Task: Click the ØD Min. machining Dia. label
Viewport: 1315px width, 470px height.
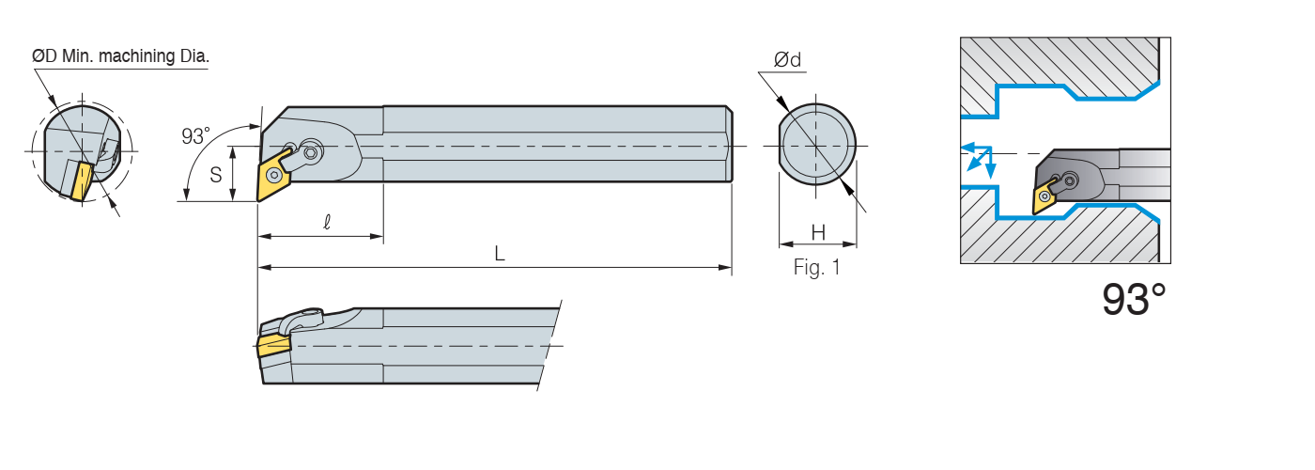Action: [x=120, y=56]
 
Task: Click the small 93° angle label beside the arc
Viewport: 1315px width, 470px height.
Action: [x=195, y=136]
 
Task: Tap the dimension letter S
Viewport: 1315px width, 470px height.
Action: [x=216, y=174]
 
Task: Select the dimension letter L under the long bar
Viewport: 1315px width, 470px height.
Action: [x=500, y=254]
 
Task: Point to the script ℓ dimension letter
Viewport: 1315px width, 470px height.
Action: [x=326, y=223]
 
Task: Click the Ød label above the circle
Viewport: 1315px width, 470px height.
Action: [x=787, y=60]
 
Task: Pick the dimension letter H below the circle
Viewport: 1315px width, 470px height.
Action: [x=817, y=232]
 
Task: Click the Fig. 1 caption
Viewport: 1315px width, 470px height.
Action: [x=816, y=268]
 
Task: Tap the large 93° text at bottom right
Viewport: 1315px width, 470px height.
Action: [x=1134, y=300]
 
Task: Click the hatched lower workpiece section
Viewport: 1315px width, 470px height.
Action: [x=1061, y=240]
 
